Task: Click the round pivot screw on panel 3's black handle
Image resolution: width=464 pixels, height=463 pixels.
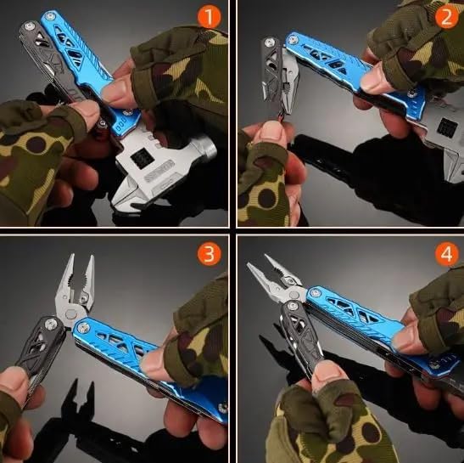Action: [x=51, y=324]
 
